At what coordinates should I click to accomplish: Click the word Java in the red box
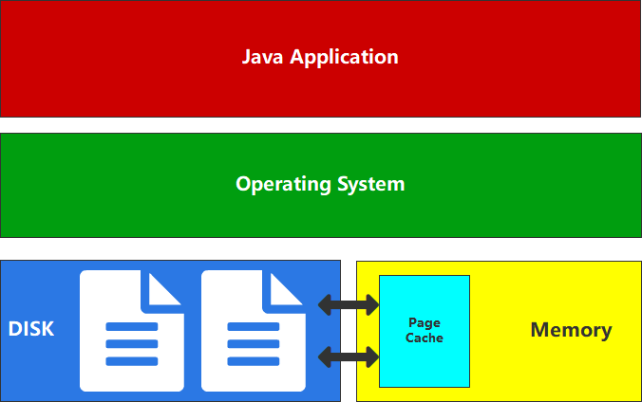click(x=263, y=57)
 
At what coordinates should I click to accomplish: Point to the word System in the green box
click(x=371, y=184)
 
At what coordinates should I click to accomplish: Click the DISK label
click(x=31, y=330)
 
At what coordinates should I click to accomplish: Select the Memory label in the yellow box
click(x=571, y=330)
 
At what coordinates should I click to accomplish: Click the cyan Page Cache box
click(x=425, y=360)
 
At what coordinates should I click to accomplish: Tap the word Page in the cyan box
click(x=425, y=323)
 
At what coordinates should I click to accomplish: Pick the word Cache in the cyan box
click(x=425, y=338)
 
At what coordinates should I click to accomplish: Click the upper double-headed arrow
click(x=349, y=305)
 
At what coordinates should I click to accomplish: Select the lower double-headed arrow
click(x=349, y=356)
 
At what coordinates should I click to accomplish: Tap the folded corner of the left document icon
click(x=165, y=288)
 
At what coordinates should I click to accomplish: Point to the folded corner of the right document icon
click(x=287, y=288)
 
